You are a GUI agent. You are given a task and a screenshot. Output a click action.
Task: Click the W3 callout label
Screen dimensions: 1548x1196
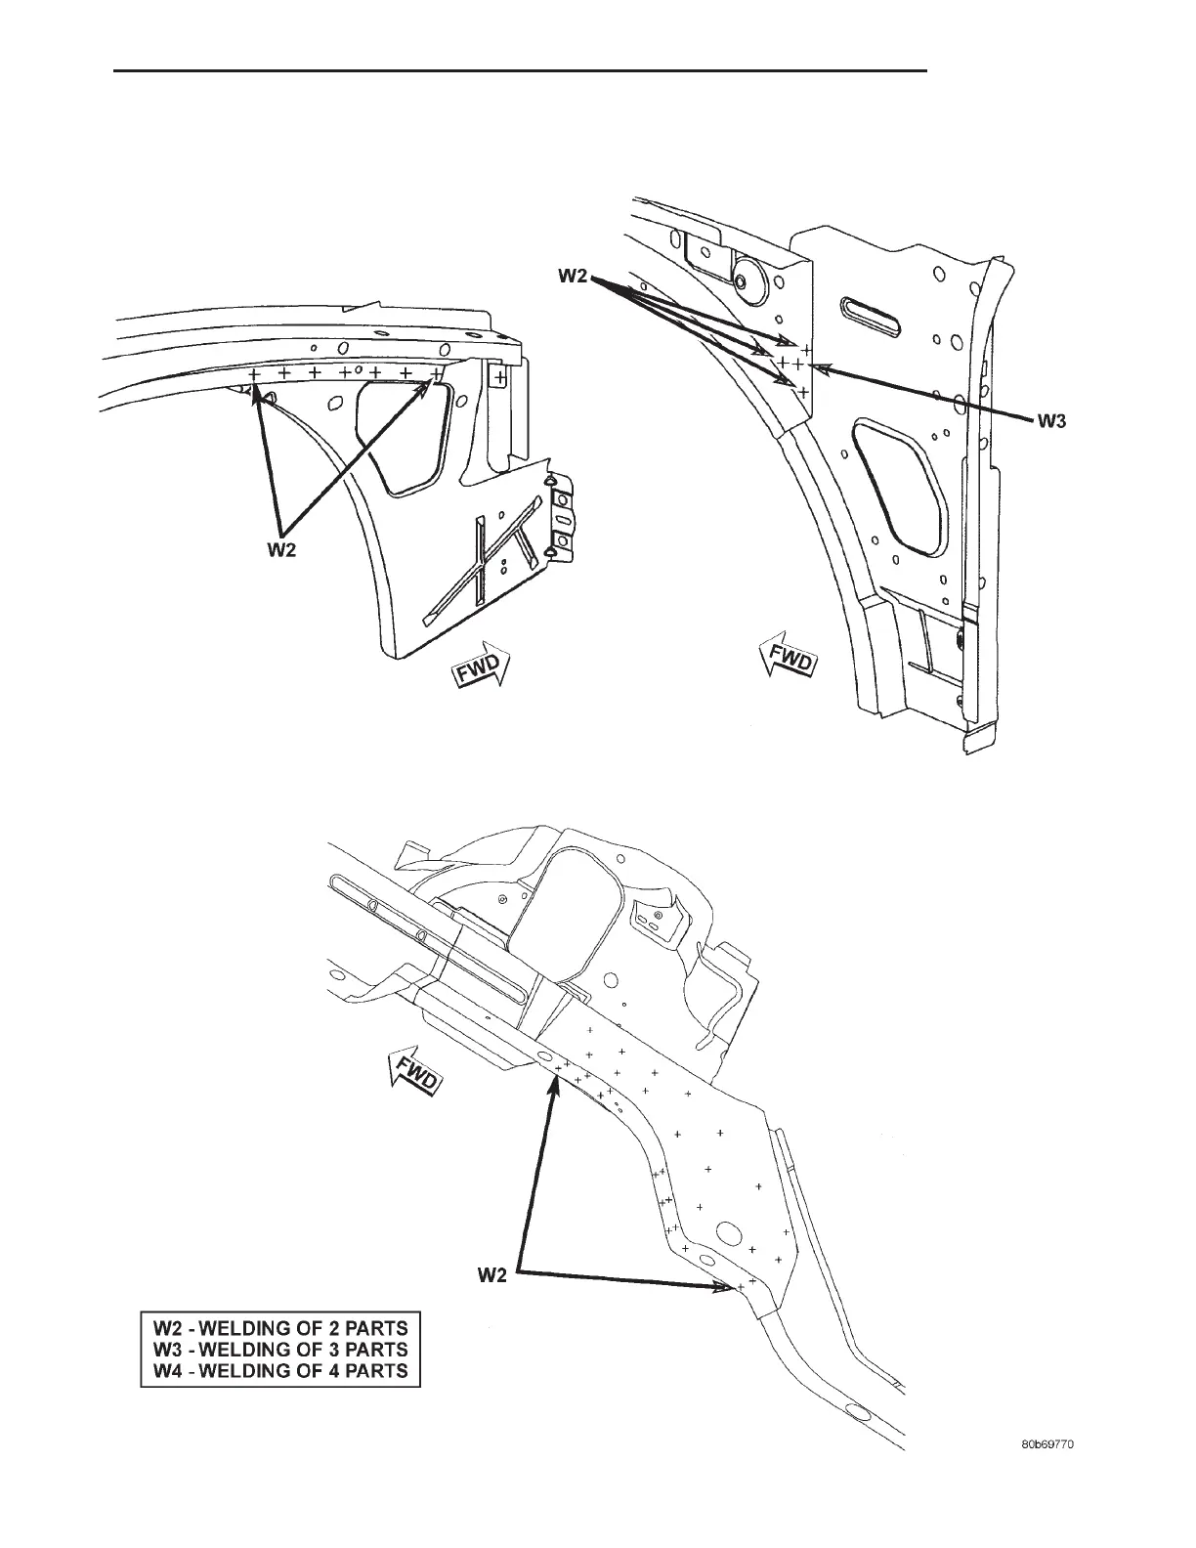coord(1051,421)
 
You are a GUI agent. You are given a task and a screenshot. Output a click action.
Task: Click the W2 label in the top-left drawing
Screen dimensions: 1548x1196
coord(282,550)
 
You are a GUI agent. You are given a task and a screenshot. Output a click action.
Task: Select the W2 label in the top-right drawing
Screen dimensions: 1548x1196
coord(574,277)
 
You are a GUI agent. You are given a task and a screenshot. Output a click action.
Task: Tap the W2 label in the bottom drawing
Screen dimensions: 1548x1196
coord(493,1274)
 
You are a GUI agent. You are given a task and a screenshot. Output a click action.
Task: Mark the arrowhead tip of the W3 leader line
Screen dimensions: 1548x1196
coord(813,367)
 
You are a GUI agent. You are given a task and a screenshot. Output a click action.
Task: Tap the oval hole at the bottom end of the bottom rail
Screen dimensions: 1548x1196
coord(860,1414)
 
